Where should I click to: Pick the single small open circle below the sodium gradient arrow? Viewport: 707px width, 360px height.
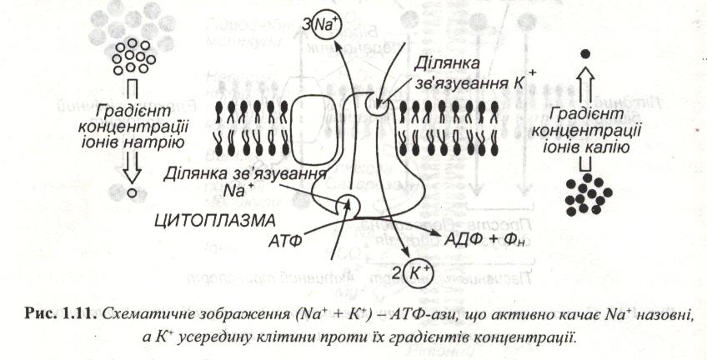[x=131, y=193]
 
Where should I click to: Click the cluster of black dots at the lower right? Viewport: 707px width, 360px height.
[x=588, y=193]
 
